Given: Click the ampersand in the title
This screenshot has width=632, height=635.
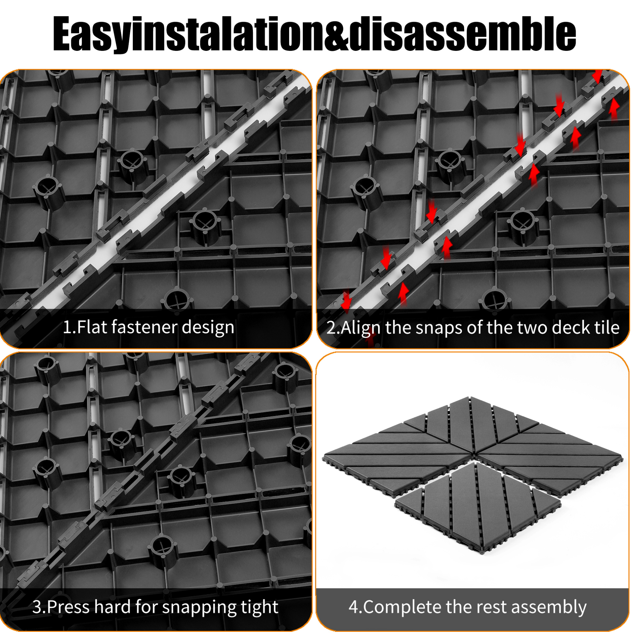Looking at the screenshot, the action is (x=336, y=34).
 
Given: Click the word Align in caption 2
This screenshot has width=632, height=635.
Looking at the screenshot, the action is (x=361, y=328).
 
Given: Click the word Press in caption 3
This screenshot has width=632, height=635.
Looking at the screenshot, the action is (x=69, y=607).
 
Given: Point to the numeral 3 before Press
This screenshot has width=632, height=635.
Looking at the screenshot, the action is (x=37, y=607).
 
